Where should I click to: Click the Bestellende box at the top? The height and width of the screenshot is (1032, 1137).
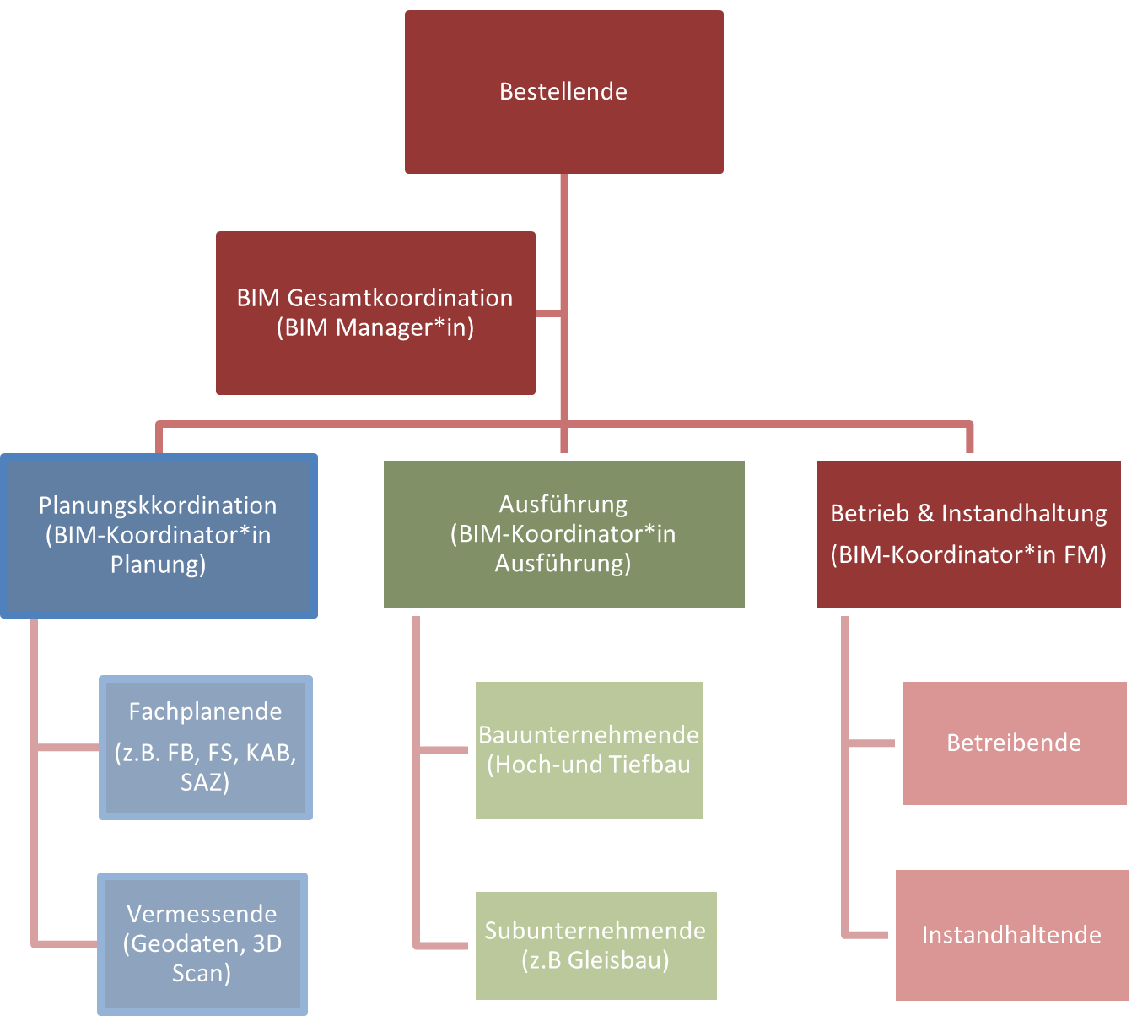(x=563, y=91)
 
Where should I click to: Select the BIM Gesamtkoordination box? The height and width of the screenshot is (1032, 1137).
(x=375, y=312)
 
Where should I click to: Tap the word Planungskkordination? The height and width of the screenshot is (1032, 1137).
(x=158, y=505)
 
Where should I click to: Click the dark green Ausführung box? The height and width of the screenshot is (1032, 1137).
(x=563, y=534)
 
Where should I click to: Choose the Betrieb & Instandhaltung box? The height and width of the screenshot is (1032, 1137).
(x=968, y=534)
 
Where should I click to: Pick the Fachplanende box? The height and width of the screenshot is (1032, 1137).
(x=206, y=747)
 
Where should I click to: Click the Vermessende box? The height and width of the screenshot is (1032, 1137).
(x=202, y=943)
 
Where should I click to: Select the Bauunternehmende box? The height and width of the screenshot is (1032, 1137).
(x=589, y=749)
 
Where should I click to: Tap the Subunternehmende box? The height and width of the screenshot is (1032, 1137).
(x=595, y=945)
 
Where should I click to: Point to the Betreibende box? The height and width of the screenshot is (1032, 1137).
(x=1014, y=743)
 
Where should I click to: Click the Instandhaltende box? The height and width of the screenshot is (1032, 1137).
(x=1011, y=935)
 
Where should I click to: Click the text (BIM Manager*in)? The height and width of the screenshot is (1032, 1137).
(x=375, y=327)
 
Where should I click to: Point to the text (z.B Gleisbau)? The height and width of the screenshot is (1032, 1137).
(x=595, y=960)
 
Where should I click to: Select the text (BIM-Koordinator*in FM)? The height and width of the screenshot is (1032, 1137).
(x=968, y=555)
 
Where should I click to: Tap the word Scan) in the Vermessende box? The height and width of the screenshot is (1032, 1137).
(x=202, y=973)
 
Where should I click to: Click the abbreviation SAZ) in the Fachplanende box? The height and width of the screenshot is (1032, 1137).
(x=205, y=782)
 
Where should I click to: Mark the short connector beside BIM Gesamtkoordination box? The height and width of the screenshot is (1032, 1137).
(x=549, y=314)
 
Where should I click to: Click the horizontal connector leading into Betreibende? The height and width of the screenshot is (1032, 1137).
(x=870, y=743)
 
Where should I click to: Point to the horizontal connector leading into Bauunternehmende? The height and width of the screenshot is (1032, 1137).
(x=444, y=750)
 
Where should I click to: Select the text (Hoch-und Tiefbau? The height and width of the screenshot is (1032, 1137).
(x=589, y=765)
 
